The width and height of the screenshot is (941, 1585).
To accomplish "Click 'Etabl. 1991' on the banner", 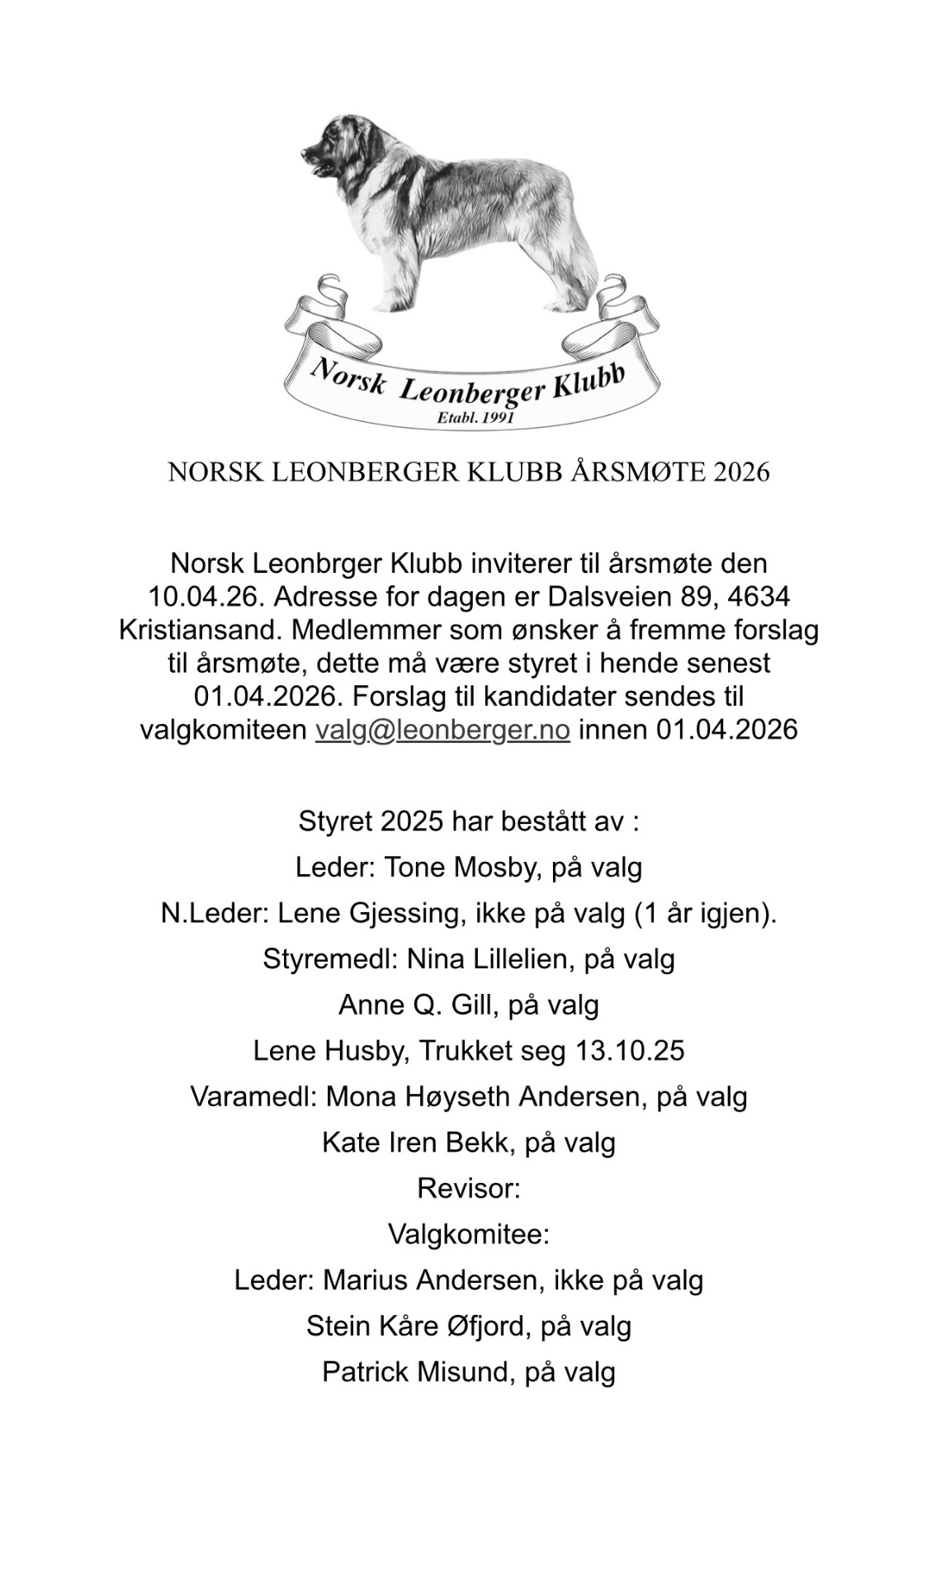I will (x=475, y=418).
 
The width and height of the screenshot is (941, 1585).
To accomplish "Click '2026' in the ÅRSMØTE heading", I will (x=741, y=472).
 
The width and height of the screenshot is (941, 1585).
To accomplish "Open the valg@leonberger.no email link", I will (x=442, y=730).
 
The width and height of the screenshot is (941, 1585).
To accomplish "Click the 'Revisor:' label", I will (x=469, y=1188).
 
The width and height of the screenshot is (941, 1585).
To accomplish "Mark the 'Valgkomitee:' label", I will (x=469, y=1234).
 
